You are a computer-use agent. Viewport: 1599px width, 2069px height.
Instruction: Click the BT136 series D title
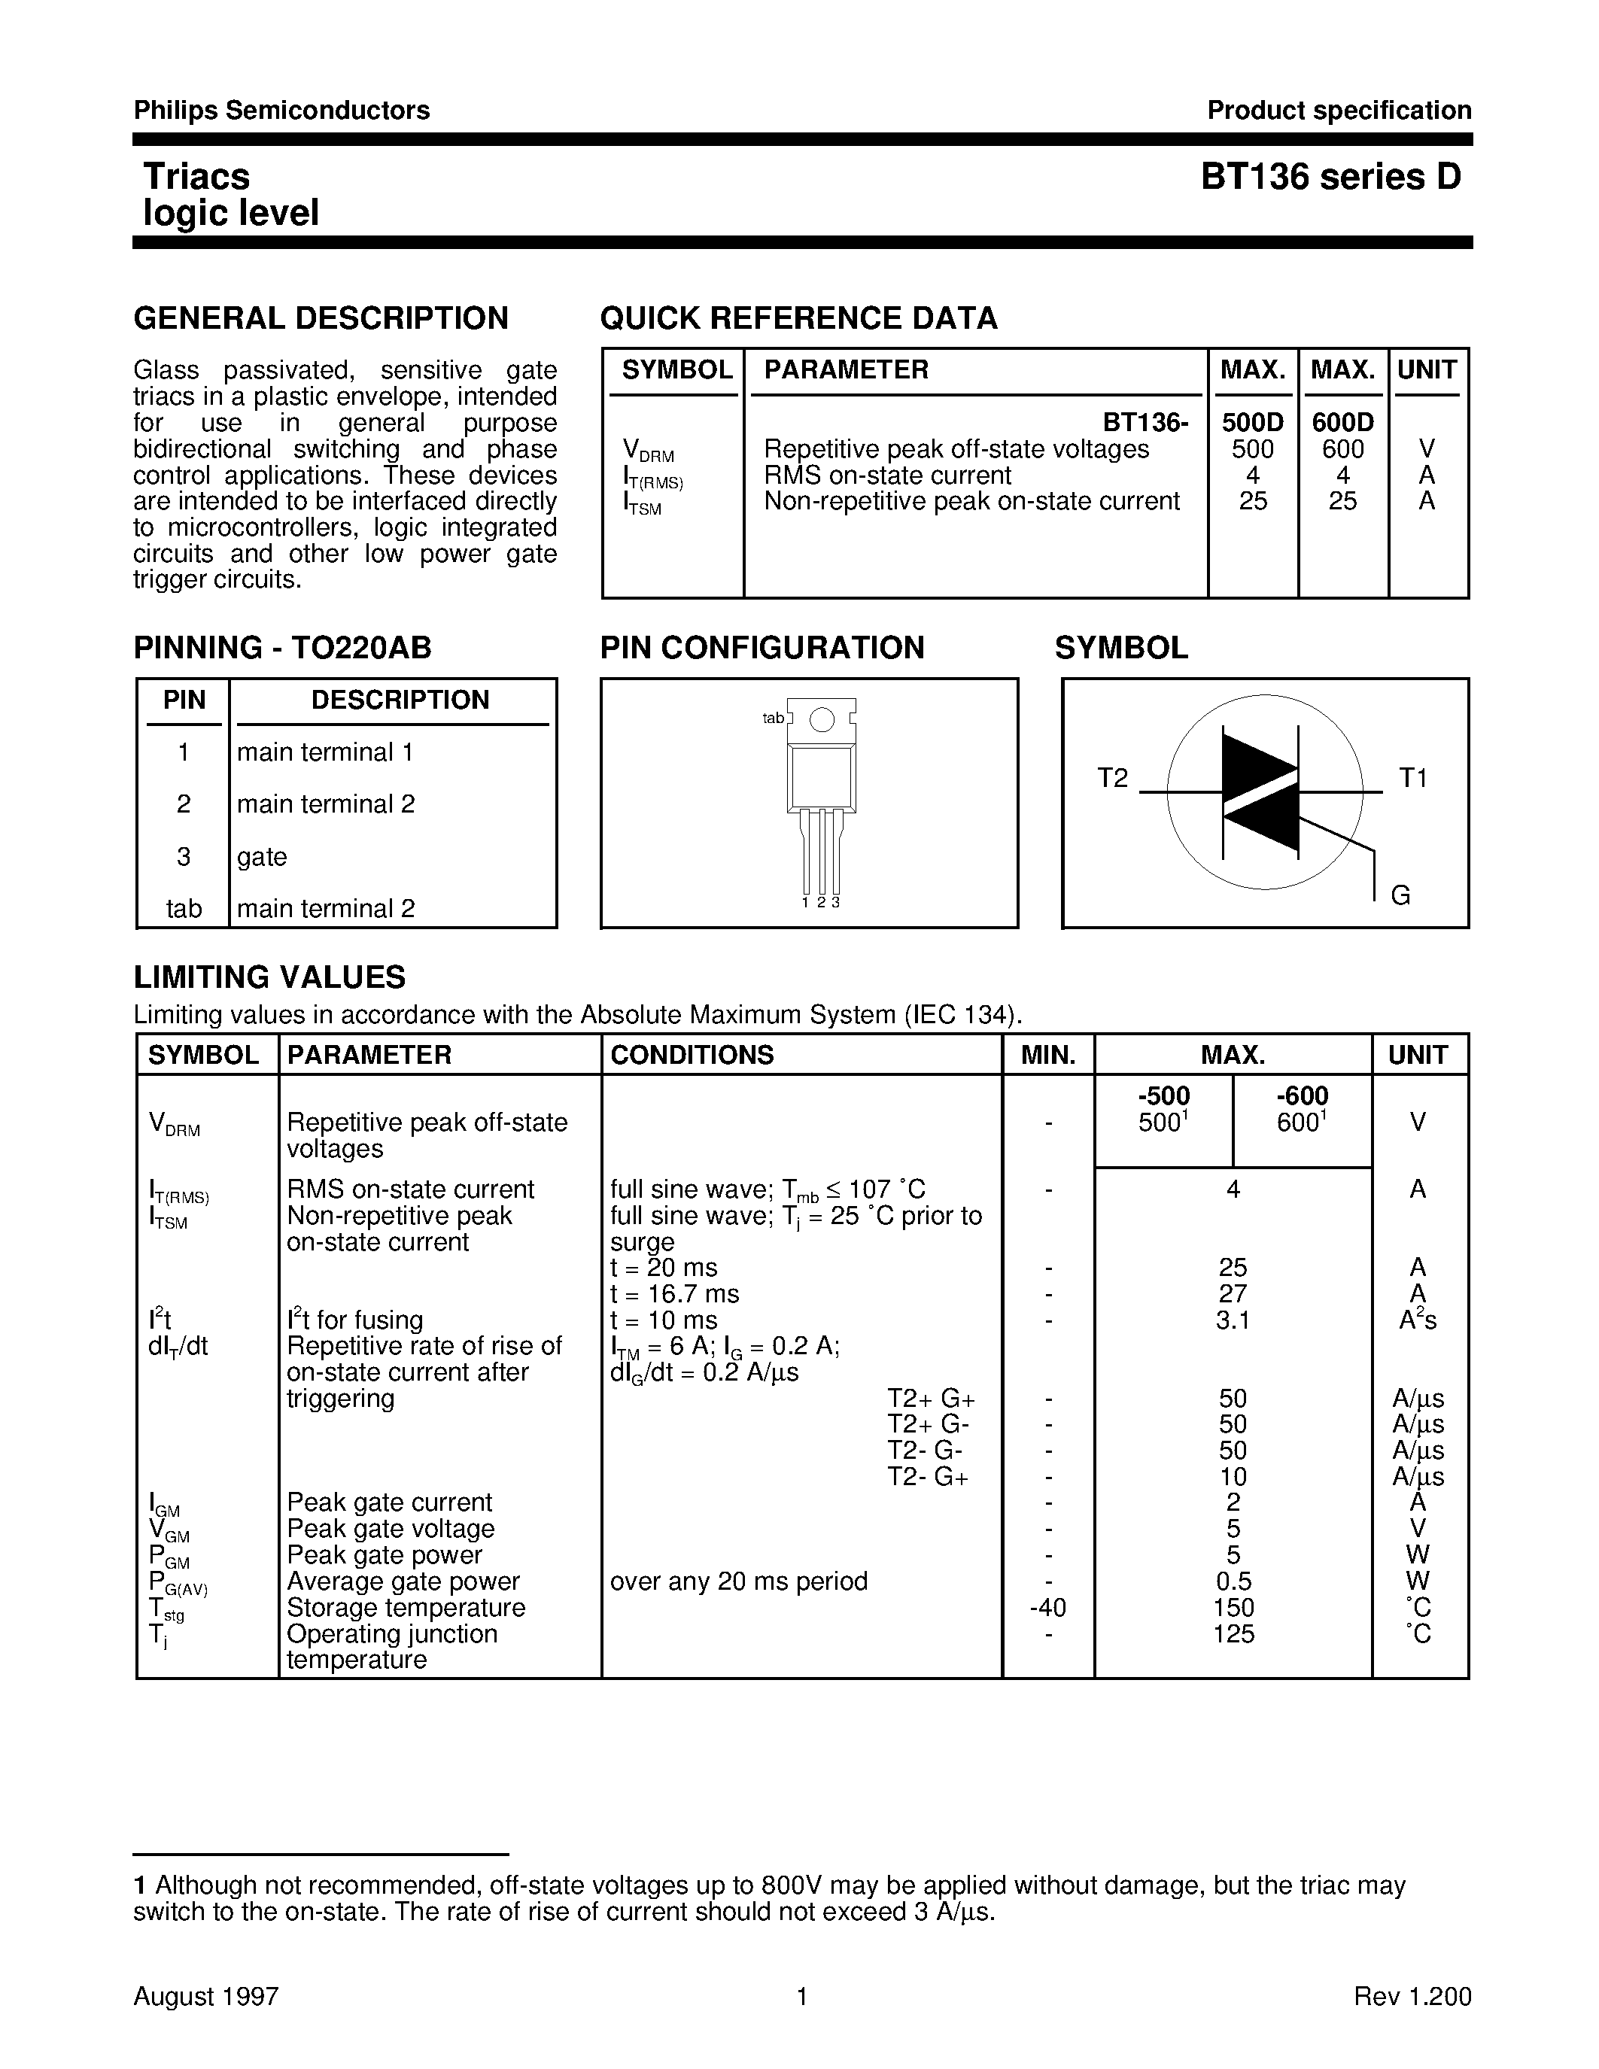(x=1331, y=177)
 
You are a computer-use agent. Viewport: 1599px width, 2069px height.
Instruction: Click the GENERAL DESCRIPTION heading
(x=321, y=318)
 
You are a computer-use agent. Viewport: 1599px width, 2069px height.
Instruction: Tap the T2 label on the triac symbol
(x=1113, y=778)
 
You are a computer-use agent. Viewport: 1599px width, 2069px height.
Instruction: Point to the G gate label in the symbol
(x=1401, y=895)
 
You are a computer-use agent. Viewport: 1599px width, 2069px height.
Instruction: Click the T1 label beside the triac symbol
(x=1413, y=778)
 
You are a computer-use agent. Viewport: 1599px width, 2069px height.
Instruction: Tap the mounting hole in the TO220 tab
(x=822, y=720)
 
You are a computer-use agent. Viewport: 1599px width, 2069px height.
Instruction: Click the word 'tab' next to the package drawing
(x=773, y=718)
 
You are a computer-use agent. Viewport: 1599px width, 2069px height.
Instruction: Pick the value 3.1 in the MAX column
(x=1233, y=1320)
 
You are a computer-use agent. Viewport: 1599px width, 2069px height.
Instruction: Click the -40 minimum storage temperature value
(x=1047, y=1608)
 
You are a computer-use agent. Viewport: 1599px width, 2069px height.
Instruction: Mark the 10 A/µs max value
(x=1233, y=1477)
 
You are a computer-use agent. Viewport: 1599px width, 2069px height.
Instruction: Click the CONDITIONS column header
(x=692, y=1054)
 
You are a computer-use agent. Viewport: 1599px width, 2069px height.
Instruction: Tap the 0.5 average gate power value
(x=1233, y=1581)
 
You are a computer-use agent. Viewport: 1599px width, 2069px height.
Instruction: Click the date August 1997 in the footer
(x=205, y=1997)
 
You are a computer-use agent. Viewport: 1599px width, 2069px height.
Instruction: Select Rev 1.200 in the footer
(x=1412, y=1997)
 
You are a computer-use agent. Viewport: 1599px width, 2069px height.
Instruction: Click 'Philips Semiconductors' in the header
(x=281, y=111)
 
